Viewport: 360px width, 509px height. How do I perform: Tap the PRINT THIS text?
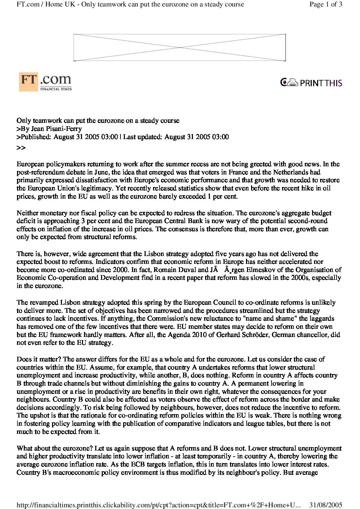[x=321, y=83]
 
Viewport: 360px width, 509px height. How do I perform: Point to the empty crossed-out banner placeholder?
[x=180, y=47]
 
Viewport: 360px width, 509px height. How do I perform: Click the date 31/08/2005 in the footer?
[x=326, y=504]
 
